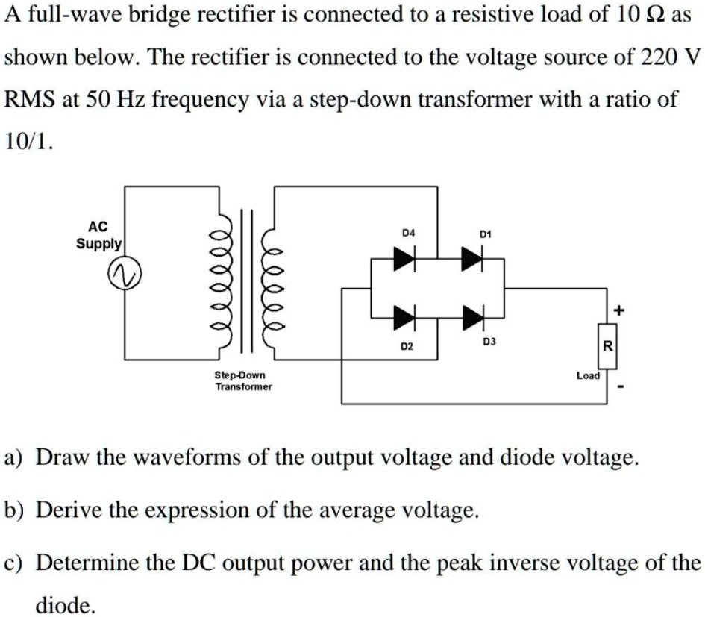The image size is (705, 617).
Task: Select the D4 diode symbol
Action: tap(405, 258)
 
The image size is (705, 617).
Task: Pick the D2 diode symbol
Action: tap(405, 317)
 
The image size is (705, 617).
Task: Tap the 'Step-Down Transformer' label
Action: tap(243, 380)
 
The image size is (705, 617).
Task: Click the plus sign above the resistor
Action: tap(617, 309)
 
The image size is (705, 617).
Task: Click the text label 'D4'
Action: tap(407, 234)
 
